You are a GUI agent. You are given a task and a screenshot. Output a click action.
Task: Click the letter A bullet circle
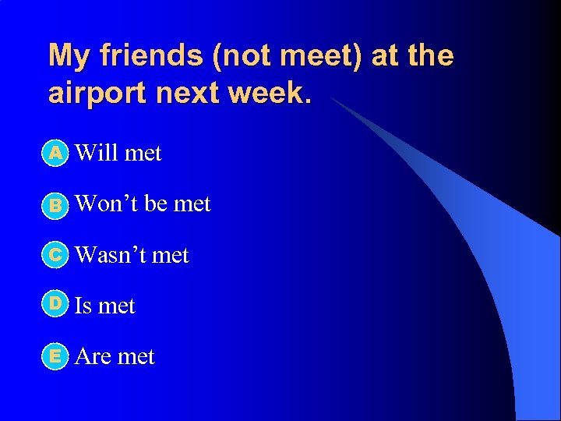(x=55, y=153)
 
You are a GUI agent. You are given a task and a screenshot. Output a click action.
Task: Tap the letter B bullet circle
(x=55, y=204)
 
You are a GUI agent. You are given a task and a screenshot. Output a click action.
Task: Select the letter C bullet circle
(x=55, y=255)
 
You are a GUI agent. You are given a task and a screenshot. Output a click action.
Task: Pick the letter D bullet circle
(x=55, y=305)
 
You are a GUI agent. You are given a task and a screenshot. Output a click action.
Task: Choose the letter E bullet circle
(x=55, y=356)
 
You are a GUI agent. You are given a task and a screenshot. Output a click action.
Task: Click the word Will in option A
(x=97, y=153)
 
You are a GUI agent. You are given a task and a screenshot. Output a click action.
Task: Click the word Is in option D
(x=83, y=306)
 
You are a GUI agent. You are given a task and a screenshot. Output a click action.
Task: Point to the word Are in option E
(x=93, y=356)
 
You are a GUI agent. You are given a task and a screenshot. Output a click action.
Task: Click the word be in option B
(x=156, y=204)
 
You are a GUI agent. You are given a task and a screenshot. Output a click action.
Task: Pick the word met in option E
(x=136, y=356)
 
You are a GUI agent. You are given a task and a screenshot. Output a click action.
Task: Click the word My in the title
(x=69, y=56)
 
